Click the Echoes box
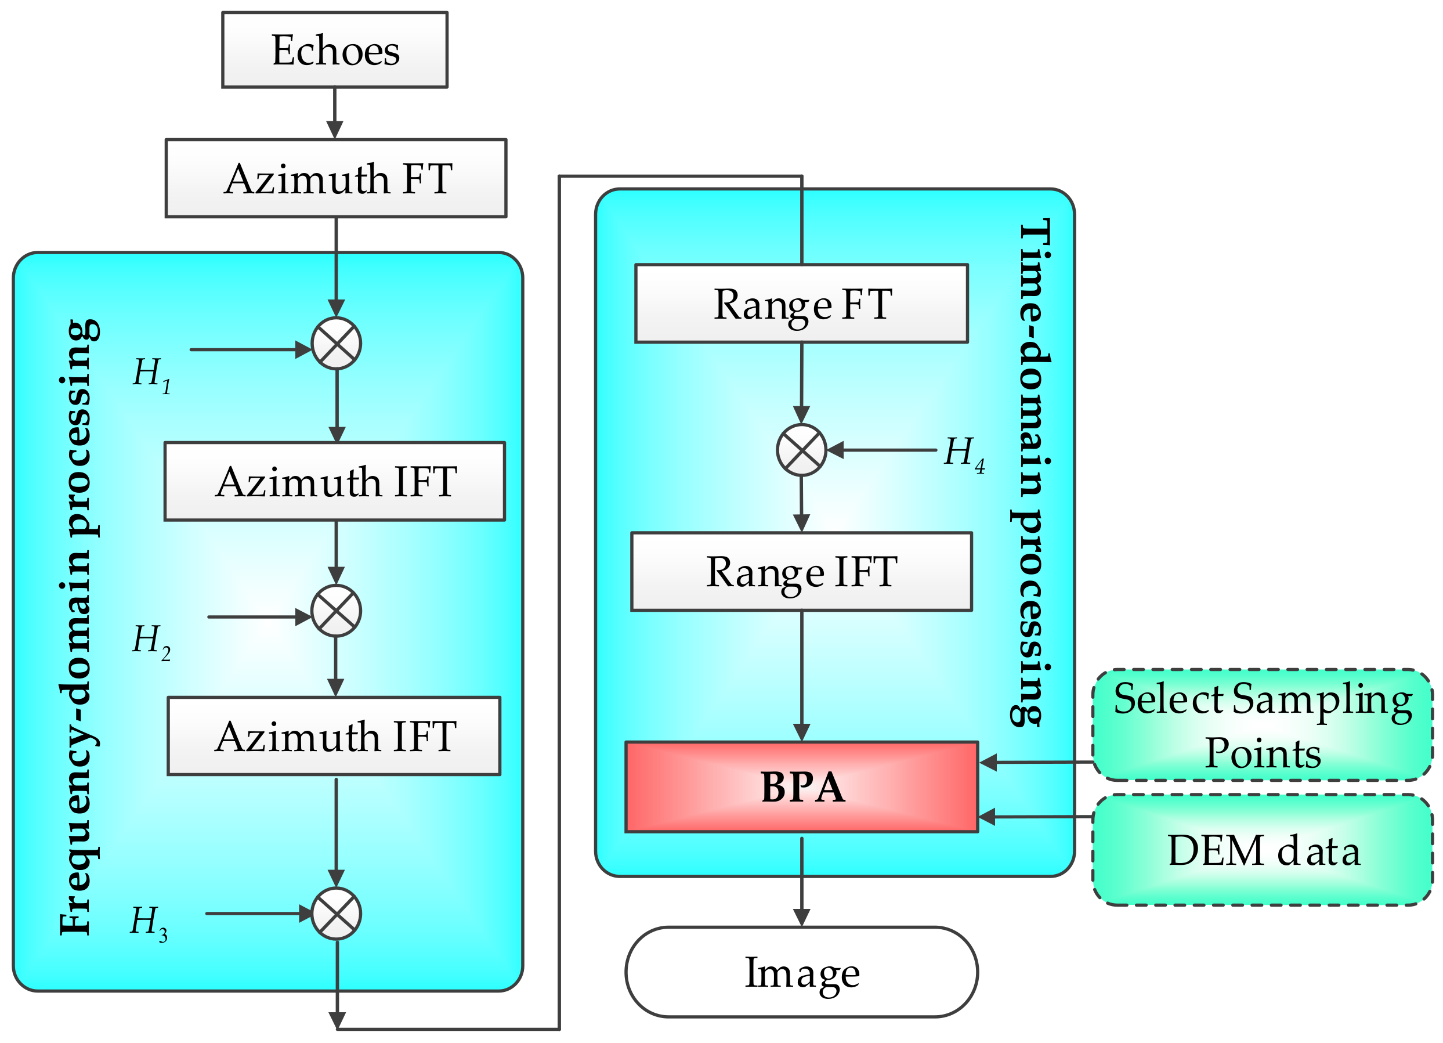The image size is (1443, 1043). click(x=335, y=50)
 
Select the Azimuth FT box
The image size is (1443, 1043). click(x=336, y=178)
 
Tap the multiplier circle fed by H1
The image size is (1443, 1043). click(x=337, y=344)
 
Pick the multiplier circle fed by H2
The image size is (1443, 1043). click(x=336, y=611)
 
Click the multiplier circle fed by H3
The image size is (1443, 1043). click(x=337, y=914)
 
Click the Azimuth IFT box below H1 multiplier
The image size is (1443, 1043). click(x=335, y=482)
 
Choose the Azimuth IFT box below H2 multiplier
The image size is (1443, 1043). click(x=334, y=737)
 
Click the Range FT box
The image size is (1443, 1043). click(x=802, y=304)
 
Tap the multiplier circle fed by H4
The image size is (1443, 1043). click(x=802, y=450)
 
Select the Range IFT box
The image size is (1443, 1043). click(x=802, y=572)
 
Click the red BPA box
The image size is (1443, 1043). click(x=802, y=787)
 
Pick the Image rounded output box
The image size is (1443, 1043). click(x=802, y=972)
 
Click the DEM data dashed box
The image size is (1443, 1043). click(x=1263, y=850)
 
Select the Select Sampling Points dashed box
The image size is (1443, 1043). click(x=1263, y=725)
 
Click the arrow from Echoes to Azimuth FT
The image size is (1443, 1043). click(x=335, y=113)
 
